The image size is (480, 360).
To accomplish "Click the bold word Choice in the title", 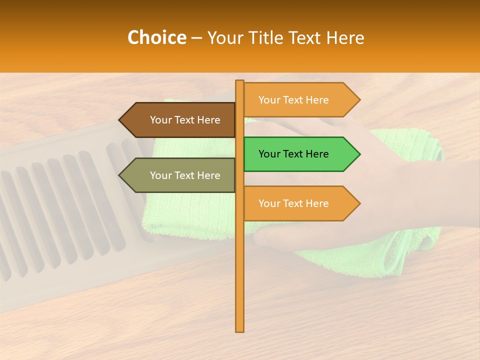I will click(156, 38).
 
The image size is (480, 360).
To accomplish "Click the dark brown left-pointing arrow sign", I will click(177, 120).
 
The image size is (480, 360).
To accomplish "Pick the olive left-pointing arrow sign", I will click(177, 175).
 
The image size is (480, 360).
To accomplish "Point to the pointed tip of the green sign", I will click(359, 154).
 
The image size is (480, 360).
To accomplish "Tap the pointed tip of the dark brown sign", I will click(120, 120).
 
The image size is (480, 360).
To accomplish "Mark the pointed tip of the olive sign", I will click(120, 175).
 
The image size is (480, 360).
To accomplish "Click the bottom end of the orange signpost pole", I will click(240, 330).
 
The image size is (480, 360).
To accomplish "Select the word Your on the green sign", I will click(269, 154).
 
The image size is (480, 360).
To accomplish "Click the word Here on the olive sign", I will click(209, 175).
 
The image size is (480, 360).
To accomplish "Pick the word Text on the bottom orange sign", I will click(293, 203).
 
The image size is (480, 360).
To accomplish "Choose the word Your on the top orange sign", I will click(269, 100).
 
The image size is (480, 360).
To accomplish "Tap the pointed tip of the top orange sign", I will click(359, 100).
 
